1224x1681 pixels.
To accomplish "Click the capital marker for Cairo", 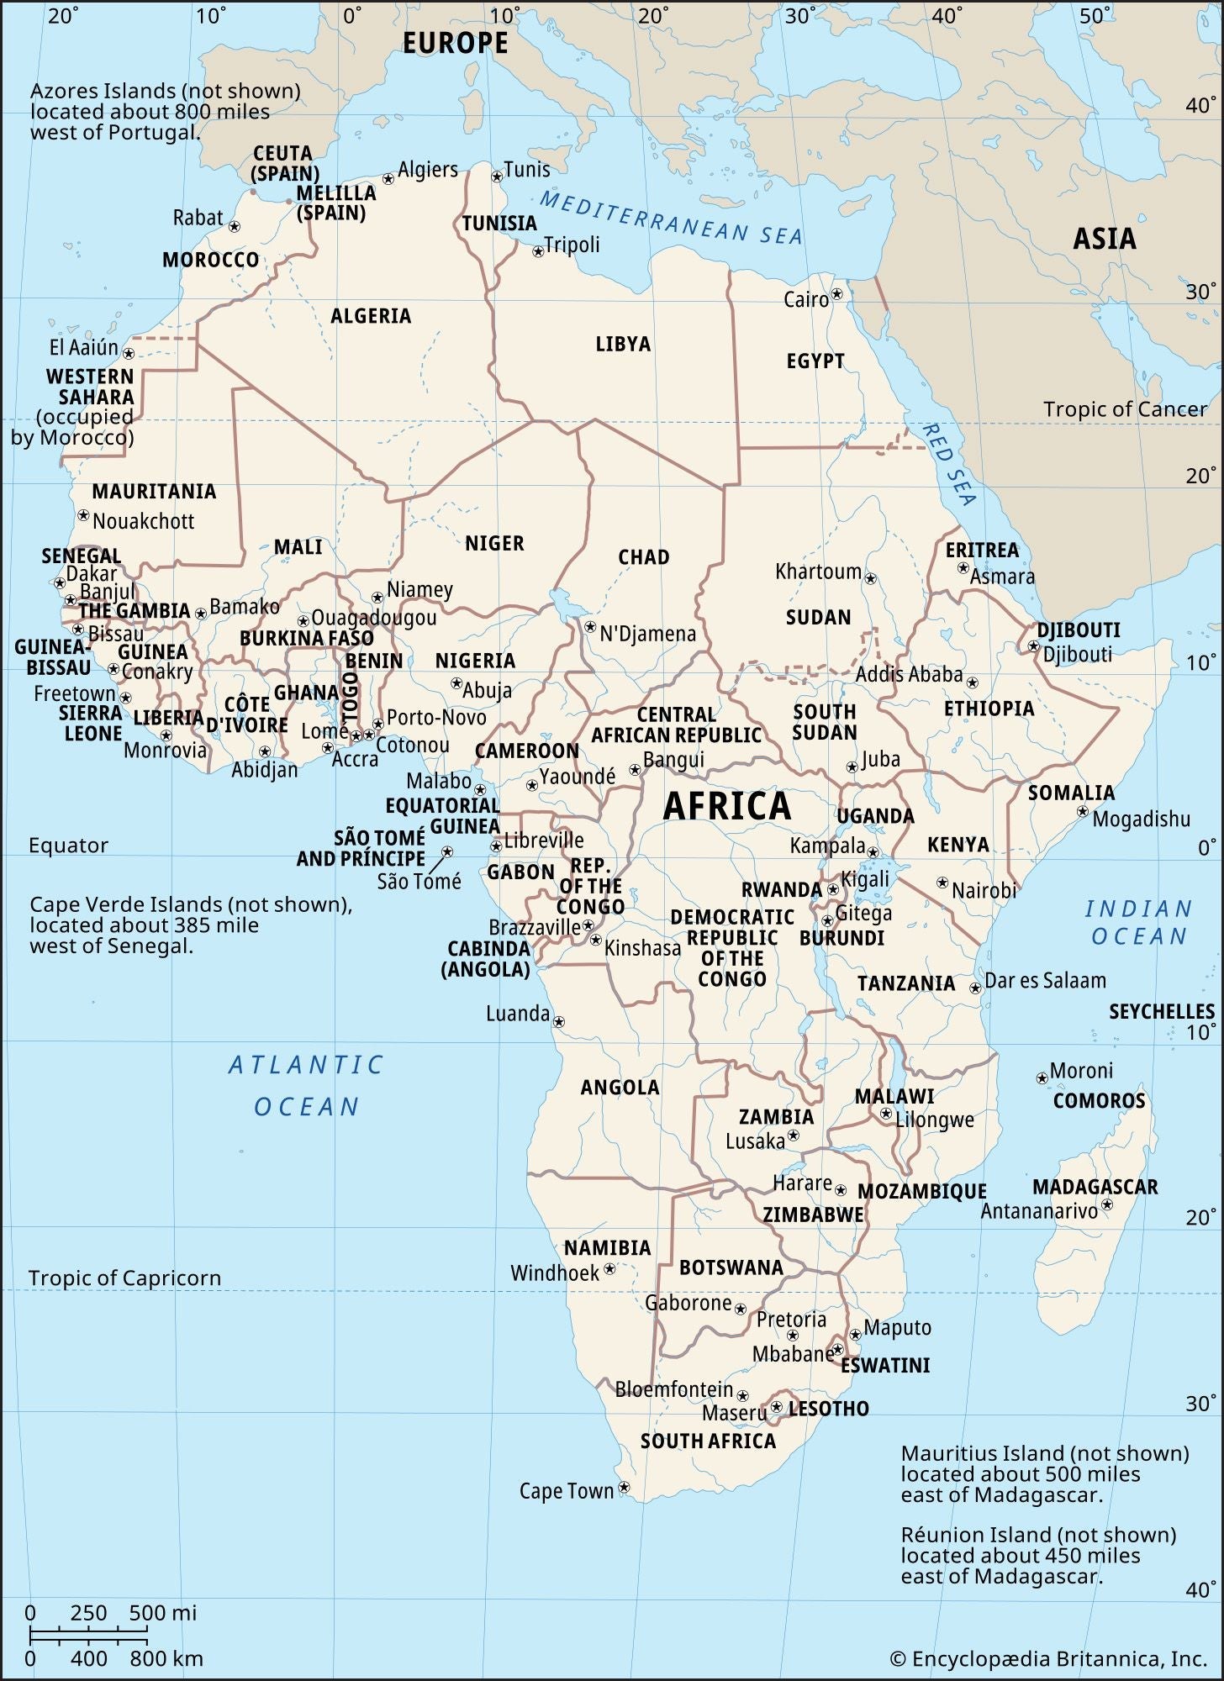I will (x=836, y=295).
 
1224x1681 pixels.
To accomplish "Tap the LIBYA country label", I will (x=623, y=344).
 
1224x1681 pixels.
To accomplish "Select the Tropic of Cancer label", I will (x=1124, y=409).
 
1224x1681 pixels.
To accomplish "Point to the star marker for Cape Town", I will (x=624, y=1488).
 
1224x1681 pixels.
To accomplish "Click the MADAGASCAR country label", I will (x=1095, y=1187).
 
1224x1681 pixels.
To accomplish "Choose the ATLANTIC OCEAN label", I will (x=306, y=1086).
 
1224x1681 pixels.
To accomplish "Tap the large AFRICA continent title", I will (x=727, y=806).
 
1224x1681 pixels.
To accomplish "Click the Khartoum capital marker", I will (x=871, y=578).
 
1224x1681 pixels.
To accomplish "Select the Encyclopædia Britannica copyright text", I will (x=1047, y=1658).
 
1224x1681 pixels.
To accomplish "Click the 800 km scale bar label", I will (x=166, y=1658).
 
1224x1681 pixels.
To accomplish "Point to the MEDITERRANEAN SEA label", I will (x=670, y=218).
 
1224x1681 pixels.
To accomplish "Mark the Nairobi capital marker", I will (x=942, y=883).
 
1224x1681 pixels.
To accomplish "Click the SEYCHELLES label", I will (x=1162, y=1011).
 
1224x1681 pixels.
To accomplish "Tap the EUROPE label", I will (x=455, y=43).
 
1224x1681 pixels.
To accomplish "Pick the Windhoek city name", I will (x=555, y=1273).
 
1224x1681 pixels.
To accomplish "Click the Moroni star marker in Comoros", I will (x=1042, y=1077).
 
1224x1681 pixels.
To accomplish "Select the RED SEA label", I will (x=949, y=465).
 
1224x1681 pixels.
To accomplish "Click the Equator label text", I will (x=68, y=846).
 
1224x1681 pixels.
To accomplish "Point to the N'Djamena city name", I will (x=647, y=634).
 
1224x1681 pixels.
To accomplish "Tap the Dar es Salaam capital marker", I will (x=976, y=988).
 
